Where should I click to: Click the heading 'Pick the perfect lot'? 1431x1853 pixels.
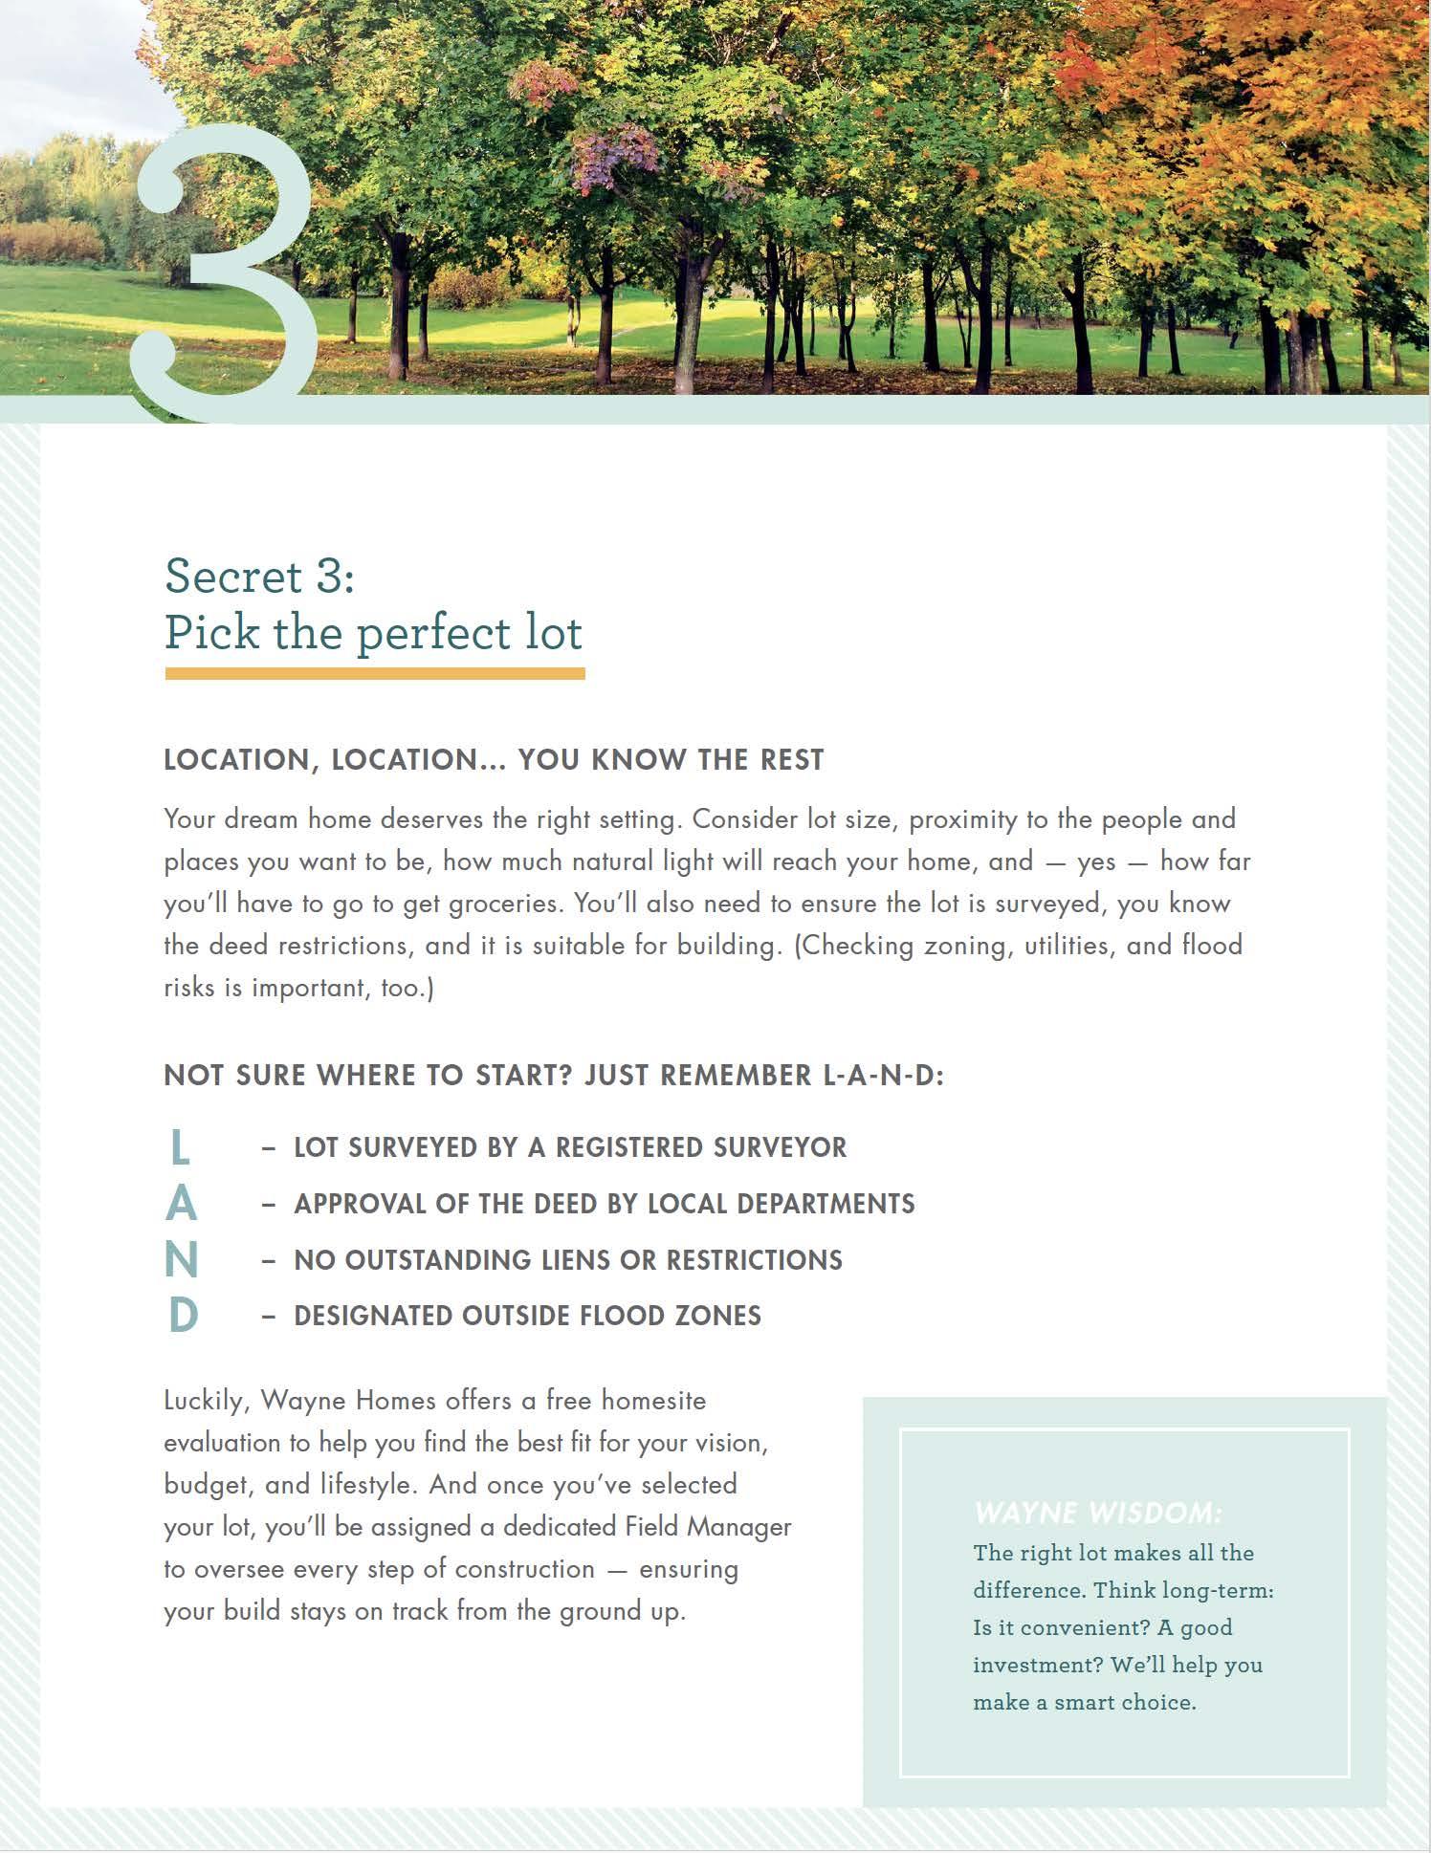(373, 633)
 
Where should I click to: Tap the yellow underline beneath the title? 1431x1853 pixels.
(374, 674)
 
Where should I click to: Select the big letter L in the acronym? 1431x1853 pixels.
(179, 1147)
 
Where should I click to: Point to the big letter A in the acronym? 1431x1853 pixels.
(181, 1204)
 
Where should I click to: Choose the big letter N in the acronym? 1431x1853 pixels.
(181, 1260)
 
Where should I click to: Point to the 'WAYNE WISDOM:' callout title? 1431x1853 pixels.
(1097, 1514)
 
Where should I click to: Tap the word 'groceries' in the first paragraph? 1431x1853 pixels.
(504, 904)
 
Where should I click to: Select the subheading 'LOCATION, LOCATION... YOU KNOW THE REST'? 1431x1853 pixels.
(494, 760)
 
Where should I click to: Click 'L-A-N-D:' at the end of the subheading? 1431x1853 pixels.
(883, 1076)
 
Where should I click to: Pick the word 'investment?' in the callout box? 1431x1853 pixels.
(1038, 1665)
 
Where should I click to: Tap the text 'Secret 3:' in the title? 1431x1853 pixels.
(259, 577)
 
